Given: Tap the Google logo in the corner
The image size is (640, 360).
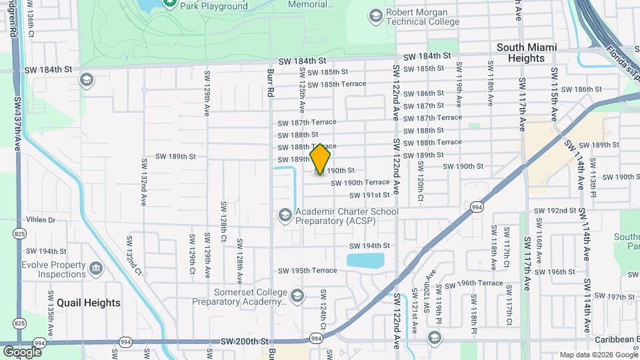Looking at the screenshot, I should point(22,351).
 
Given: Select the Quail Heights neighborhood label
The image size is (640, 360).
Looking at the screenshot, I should point(89,303).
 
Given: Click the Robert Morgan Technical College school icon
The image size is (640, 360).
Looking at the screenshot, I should point(375,15).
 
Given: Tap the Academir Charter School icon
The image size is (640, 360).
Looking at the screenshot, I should point(285,215).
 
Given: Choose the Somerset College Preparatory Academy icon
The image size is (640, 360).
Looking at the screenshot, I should point(297,295).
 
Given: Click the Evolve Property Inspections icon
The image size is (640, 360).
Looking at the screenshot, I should point(96,269).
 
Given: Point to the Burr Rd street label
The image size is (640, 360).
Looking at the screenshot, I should point(271,81).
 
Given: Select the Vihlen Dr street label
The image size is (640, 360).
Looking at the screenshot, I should point(41,219).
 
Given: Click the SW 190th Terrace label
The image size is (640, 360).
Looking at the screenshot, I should point(360,182).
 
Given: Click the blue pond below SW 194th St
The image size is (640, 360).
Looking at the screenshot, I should point(365,260).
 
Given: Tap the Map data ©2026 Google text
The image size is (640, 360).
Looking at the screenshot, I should point(598,355).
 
